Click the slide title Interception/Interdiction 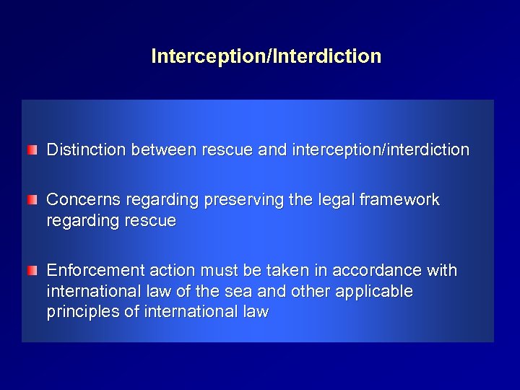tap(266, 56)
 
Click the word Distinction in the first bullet tap(84, 150)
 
